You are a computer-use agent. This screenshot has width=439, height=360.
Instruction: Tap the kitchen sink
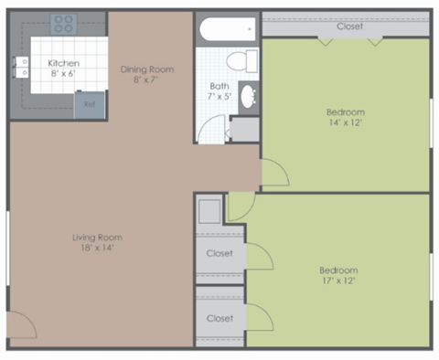tap(20, 66)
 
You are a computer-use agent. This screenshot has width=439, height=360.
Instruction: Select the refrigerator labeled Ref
tap(89, 104)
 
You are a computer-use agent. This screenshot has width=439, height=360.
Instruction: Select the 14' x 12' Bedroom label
tap(346, 118)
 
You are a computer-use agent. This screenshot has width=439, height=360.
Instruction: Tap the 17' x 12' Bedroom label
tap(337, 275)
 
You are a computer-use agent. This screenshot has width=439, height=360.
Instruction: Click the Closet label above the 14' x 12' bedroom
tap(348, 26)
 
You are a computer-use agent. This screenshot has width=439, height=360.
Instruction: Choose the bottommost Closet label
tap(219, 319)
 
